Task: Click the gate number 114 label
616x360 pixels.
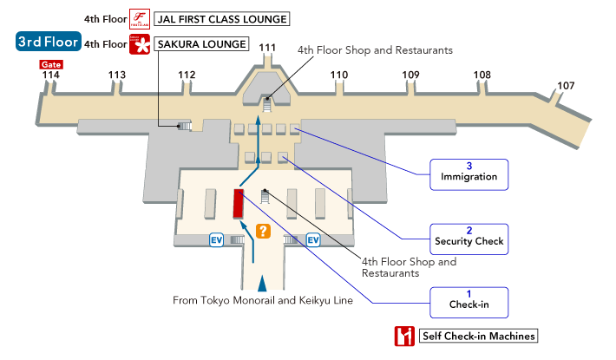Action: click(x=51, y=75)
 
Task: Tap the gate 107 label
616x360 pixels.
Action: click(x=566, y=85)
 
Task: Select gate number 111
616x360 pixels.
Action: click(x=268, y=48)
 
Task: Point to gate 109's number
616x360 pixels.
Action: click(x=410, y=75)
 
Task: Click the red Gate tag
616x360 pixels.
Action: click(x=50, y=64)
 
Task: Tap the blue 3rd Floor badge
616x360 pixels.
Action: click(x=49, y=41)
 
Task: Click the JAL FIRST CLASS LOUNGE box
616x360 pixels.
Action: click(x=220, y=18)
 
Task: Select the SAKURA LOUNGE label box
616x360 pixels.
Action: click(x=200, y=44)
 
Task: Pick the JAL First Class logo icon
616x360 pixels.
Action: click(x=139, y=18)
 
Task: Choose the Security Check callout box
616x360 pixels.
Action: click(x=469, y=235)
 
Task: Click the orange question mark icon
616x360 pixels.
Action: click(x=263, y=231)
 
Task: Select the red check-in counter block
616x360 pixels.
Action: click(x=237, y=204)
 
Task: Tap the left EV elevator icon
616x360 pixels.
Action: click(x=217, y=239)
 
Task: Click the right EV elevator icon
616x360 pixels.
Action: click(x=313, y=239)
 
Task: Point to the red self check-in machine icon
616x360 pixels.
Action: click(x=403, y=336)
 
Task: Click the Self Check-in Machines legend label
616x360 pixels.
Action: click(x=478, y=336)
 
